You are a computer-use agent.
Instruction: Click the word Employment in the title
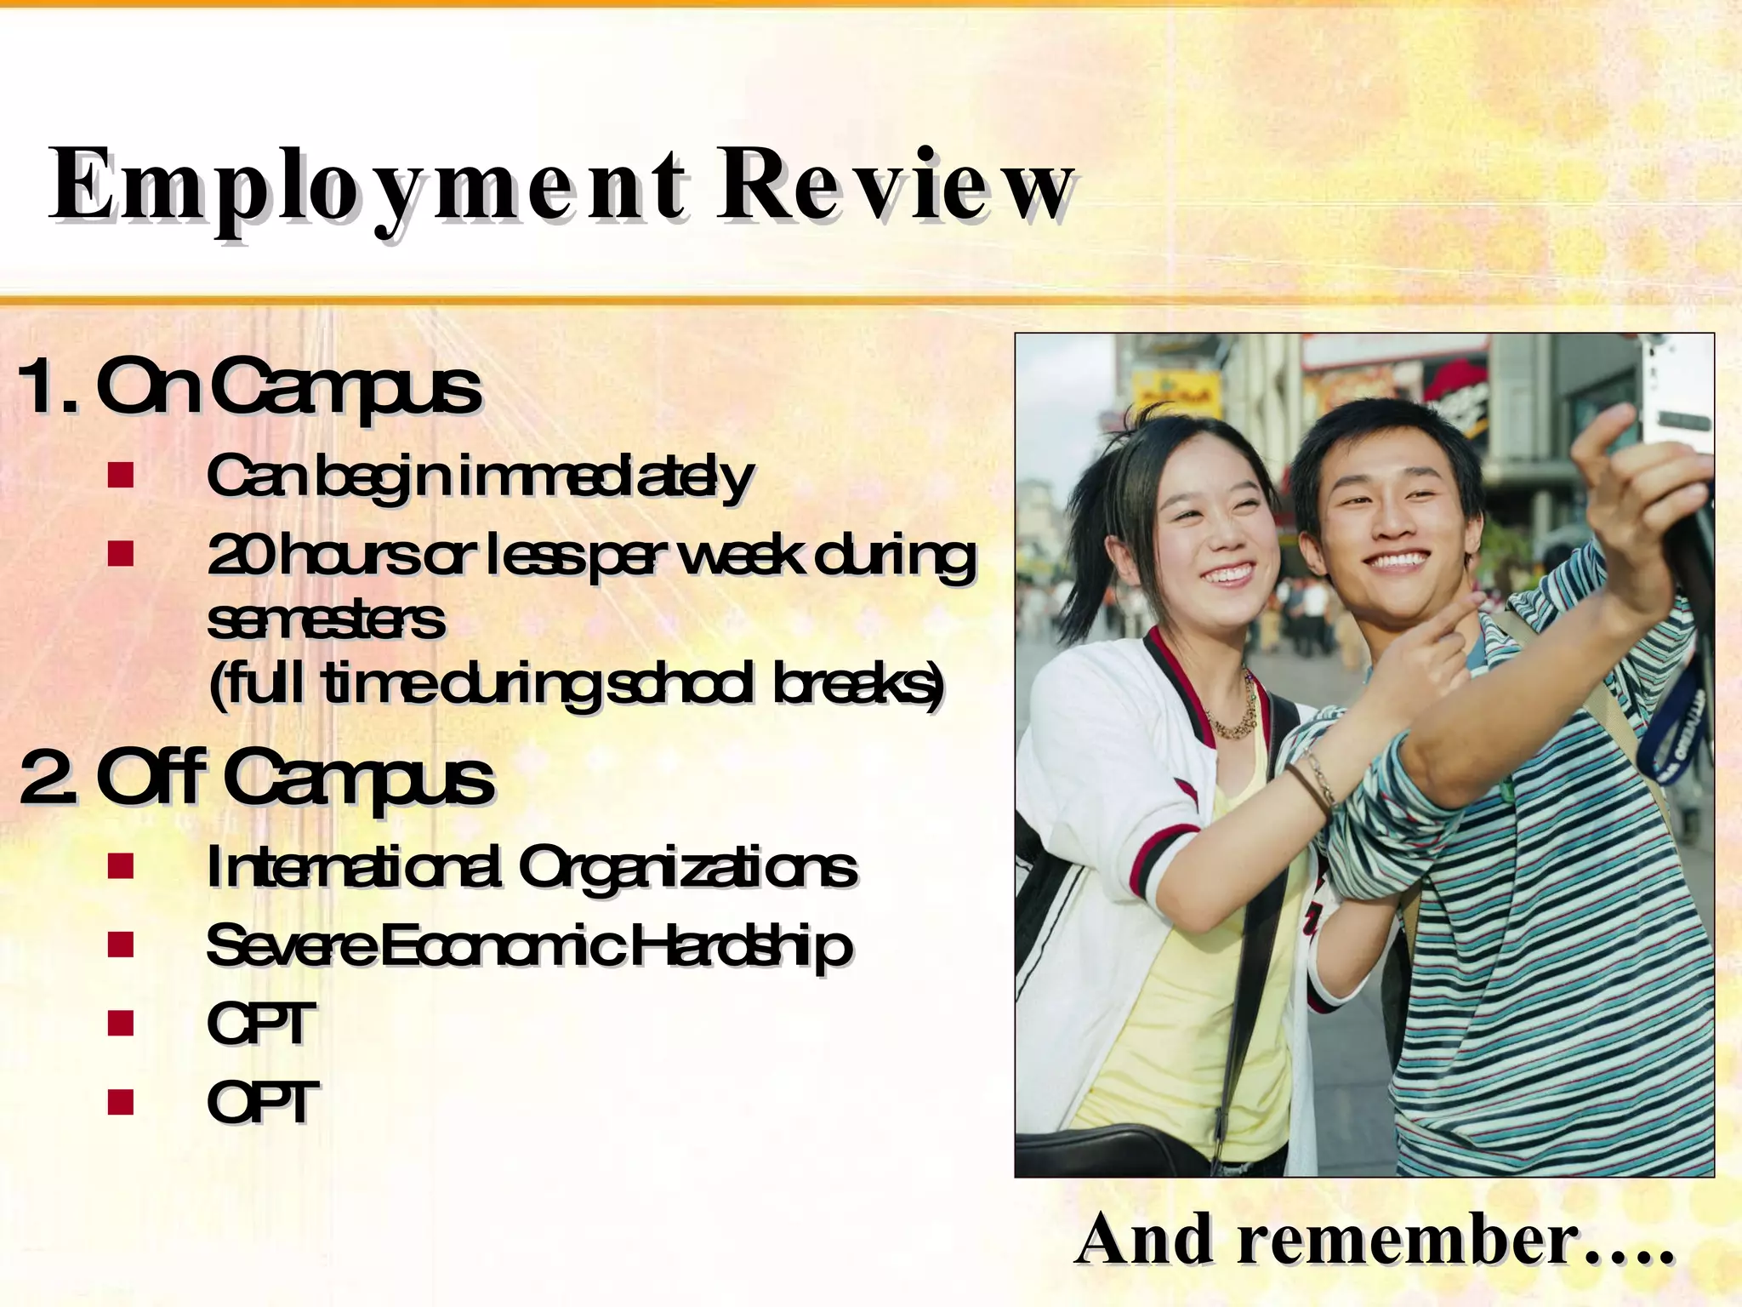click(x=366, y=185)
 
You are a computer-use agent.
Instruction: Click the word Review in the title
click(x=893, y=185)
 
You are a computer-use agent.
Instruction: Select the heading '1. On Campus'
click(x=251, y=387)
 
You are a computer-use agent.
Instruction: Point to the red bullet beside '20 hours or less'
click(x=122, y=554)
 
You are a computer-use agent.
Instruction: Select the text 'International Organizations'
click(x=532, y=868)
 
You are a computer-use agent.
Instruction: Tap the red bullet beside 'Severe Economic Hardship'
click(x=122, y=945)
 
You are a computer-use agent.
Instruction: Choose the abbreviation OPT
click(x=262, y=1103)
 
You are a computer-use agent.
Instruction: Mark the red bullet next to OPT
click(x=122, y=1103)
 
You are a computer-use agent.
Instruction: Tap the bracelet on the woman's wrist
click(x=1314, y=779)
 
